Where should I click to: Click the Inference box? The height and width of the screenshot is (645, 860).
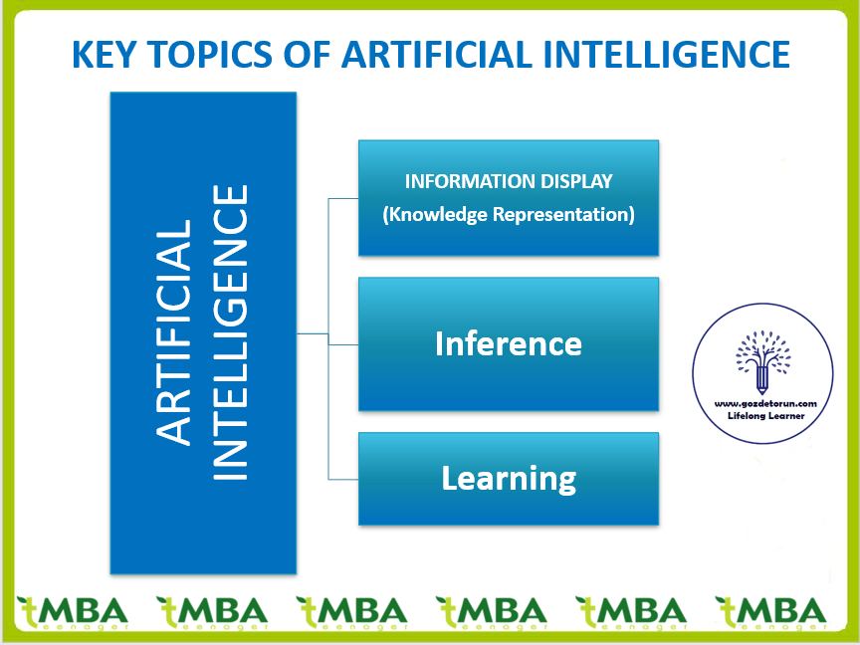tap(508, 344)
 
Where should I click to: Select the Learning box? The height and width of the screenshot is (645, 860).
tap(508, 479)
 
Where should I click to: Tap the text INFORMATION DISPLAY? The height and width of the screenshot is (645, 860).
tap(508, 182)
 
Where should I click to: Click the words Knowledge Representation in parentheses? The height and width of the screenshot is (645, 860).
tap(508, 215)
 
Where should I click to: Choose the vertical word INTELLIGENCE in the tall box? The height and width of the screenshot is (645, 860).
tap(232, 331)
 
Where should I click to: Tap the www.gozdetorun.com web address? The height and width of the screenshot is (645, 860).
tap(765, 403)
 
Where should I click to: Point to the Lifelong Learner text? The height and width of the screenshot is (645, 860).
tap(765, 416)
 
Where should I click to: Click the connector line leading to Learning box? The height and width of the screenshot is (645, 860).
tap(343, 480)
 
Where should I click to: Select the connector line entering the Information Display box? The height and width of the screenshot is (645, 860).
tap(343, 198)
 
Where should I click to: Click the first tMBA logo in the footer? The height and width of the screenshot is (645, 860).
tap(72, 610)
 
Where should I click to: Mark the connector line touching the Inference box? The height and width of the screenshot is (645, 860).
tap(343, 344)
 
